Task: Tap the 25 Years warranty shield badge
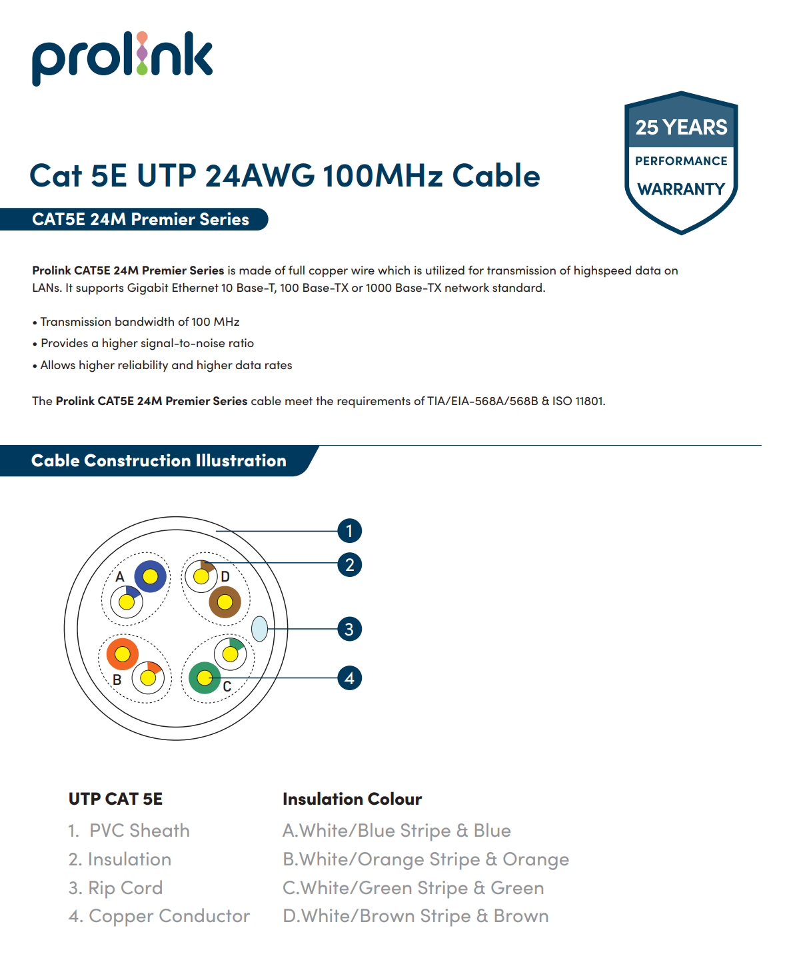tap(680, 162)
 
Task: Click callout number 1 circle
tap(349, 531)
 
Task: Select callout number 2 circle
tap(349, 565)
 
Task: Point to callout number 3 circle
tap(349, 629)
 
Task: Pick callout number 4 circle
tap(349, 678)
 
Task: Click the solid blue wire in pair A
tap(151, 576)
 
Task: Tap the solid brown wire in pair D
tap(225, 602)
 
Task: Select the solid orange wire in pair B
tap(123, 655)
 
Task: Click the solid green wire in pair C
tap(205, 678)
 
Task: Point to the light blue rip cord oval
tap(259, 628)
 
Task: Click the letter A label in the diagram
tap(120, 577)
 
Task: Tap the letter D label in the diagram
tap(225, 577)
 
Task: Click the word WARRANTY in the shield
tap(680, 190)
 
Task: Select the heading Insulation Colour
tap(352, 799)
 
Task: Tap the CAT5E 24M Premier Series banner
tap(141, 219)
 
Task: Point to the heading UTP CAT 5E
tap(115, 799)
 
